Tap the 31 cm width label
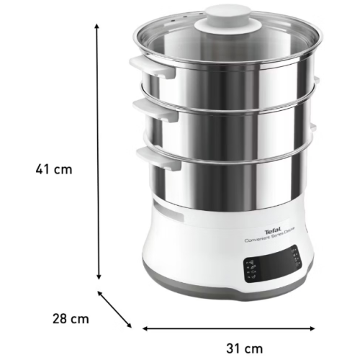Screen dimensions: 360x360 pos(240,348)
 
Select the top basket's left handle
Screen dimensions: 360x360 pos(144,64)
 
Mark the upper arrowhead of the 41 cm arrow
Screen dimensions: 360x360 pos(97,26)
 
